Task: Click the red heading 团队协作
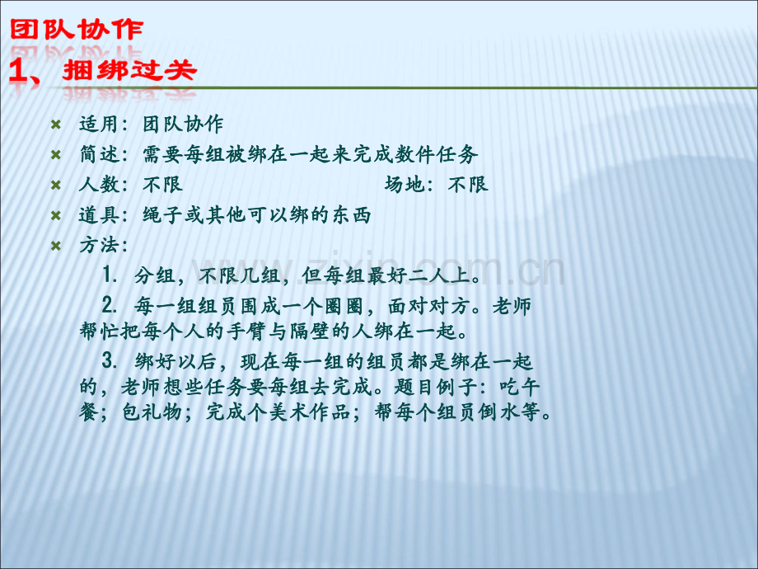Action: coord(76,31)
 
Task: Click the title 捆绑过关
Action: coord(129,71)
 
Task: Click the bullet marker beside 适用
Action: coord(56,125)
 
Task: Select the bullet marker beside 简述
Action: coord(56,155)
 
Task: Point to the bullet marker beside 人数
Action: coord(56,185)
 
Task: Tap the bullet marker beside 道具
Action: coord(56,215)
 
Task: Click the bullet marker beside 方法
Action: coord(56,246)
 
